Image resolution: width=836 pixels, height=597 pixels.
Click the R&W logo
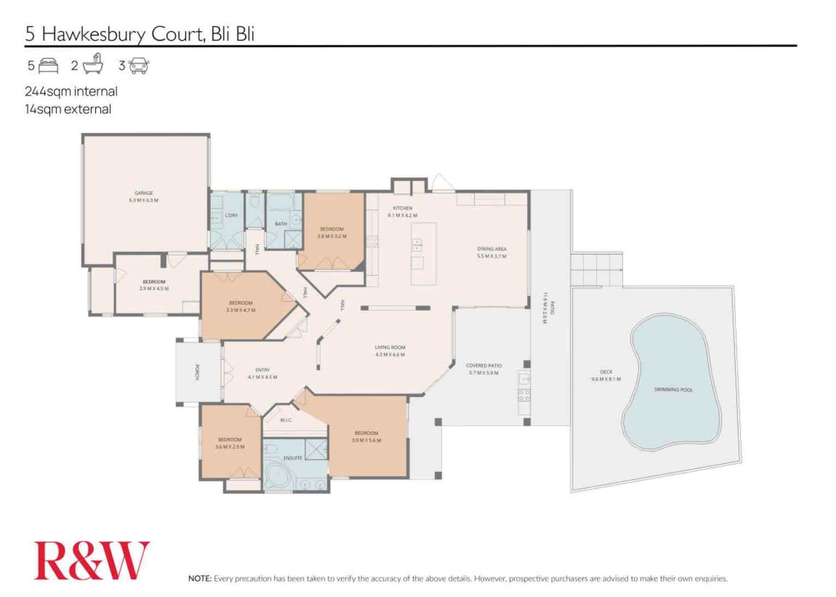(x=92, y=560)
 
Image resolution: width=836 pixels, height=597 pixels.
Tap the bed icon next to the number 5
(x=49, y=65)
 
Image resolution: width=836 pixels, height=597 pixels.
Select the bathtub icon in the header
(x=93, y=64)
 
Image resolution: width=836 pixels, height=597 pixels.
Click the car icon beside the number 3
(x=139, y=65)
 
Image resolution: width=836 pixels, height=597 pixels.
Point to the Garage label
(x=144, y=193)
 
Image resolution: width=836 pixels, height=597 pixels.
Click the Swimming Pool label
(x=673, y=390)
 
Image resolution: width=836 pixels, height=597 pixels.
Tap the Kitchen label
(x=402, y=208)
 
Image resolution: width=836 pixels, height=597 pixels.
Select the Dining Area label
(x=492, y=249)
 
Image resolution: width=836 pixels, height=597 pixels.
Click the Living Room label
(x=390, y=347)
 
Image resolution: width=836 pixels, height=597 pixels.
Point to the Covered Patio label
(x=483, y=365)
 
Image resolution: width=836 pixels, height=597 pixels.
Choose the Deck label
(x=606, y=372)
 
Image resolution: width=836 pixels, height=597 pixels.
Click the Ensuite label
(x=293, y=458)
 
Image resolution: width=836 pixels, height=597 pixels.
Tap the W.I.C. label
(x=286, y=420)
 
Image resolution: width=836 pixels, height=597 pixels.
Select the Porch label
(x=197, y=372)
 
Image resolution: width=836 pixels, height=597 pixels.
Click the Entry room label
(x=262, y=370)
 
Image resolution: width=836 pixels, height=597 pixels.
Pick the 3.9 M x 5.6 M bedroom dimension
(x=366, y=441)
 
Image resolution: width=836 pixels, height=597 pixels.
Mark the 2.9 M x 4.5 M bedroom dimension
(x=154, y=288)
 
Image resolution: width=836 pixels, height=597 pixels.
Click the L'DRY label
(x=232, y=215)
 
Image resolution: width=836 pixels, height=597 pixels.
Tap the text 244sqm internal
(x=71, y=91)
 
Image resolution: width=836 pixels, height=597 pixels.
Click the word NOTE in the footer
(x=199, y=578)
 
